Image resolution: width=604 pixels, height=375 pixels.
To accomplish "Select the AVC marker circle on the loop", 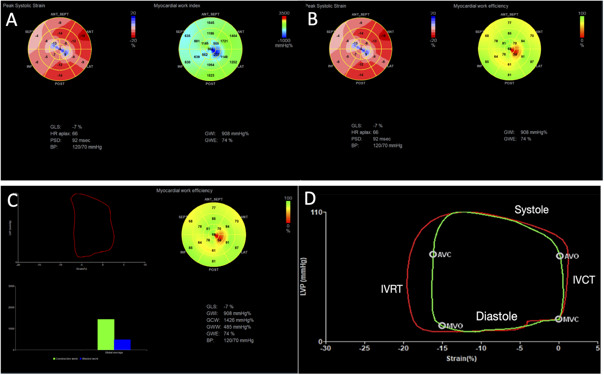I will click(x=433, y=254).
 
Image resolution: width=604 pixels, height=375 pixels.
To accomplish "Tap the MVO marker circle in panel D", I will click(x=442, y=325).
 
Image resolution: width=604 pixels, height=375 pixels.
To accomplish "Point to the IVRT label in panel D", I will click(x=392, y=289).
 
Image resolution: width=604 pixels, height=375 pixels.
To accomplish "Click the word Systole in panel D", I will click(x=531, y=210).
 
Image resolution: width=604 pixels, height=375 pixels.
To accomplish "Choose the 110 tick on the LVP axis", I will click(x=317, y=212).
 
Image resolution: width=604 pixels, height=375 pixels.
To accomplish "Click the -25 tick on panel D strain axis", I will click(x=364, y=348).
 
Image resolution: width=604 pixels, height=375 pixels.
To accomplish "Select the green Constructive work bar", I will click(x=106, y=334).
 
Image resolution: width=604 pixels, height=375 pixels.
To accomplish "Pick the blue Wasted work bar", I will click(x=122, y=345).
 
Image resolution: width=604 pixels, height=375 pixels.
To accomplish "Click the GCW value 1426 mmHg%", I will click(x=238, y=320).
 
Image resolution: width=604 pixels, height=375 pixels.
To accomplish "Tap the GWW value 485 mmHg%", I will click(x=237, y=327).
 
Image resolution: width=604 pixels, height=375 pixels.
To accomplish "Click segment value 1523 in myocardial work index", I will click(x=210, y=75).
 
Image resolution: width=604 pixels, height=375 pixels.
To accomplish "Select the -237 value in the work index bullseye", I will click(x=215, y=55).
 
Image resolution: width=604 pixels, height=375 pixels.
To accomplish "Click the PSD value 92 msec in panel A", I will click(x=81, y=140).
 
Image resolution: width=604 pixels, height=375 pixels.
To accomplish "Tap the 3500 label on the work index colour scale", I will click(x=284, y=13).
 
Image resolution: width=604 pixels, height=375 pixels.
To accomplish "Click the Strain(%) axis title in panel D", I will click(x=461, y=359).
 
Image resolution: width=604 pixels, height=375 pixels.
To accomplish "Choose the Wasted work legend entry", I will click(x=90, y=359).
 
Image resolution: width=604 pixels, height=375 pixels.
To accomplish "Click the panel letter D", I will click(x=310, y=199).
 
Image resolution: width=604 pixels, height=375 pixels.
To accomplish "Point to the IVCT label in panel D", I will click(x=584, y=280).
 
